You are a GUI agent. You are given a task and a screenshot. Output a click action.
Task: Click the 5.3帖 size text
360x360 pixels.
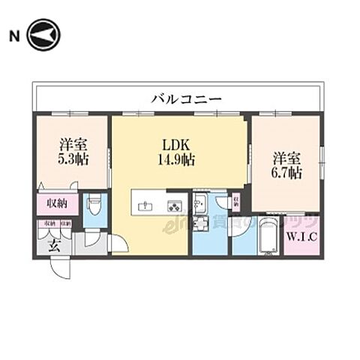(x=72, y=159)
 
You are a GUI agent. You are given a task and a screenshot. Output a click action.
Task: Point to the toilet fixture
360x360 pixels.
(x=93, y=204)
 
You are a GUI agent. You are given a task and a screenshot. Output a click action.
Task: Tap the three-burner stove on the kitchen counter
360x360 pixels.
(x=174, y=205)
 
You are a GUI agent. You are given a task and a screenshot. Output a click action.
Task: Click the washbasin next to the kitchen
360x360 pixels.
(x=201, y=201)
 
